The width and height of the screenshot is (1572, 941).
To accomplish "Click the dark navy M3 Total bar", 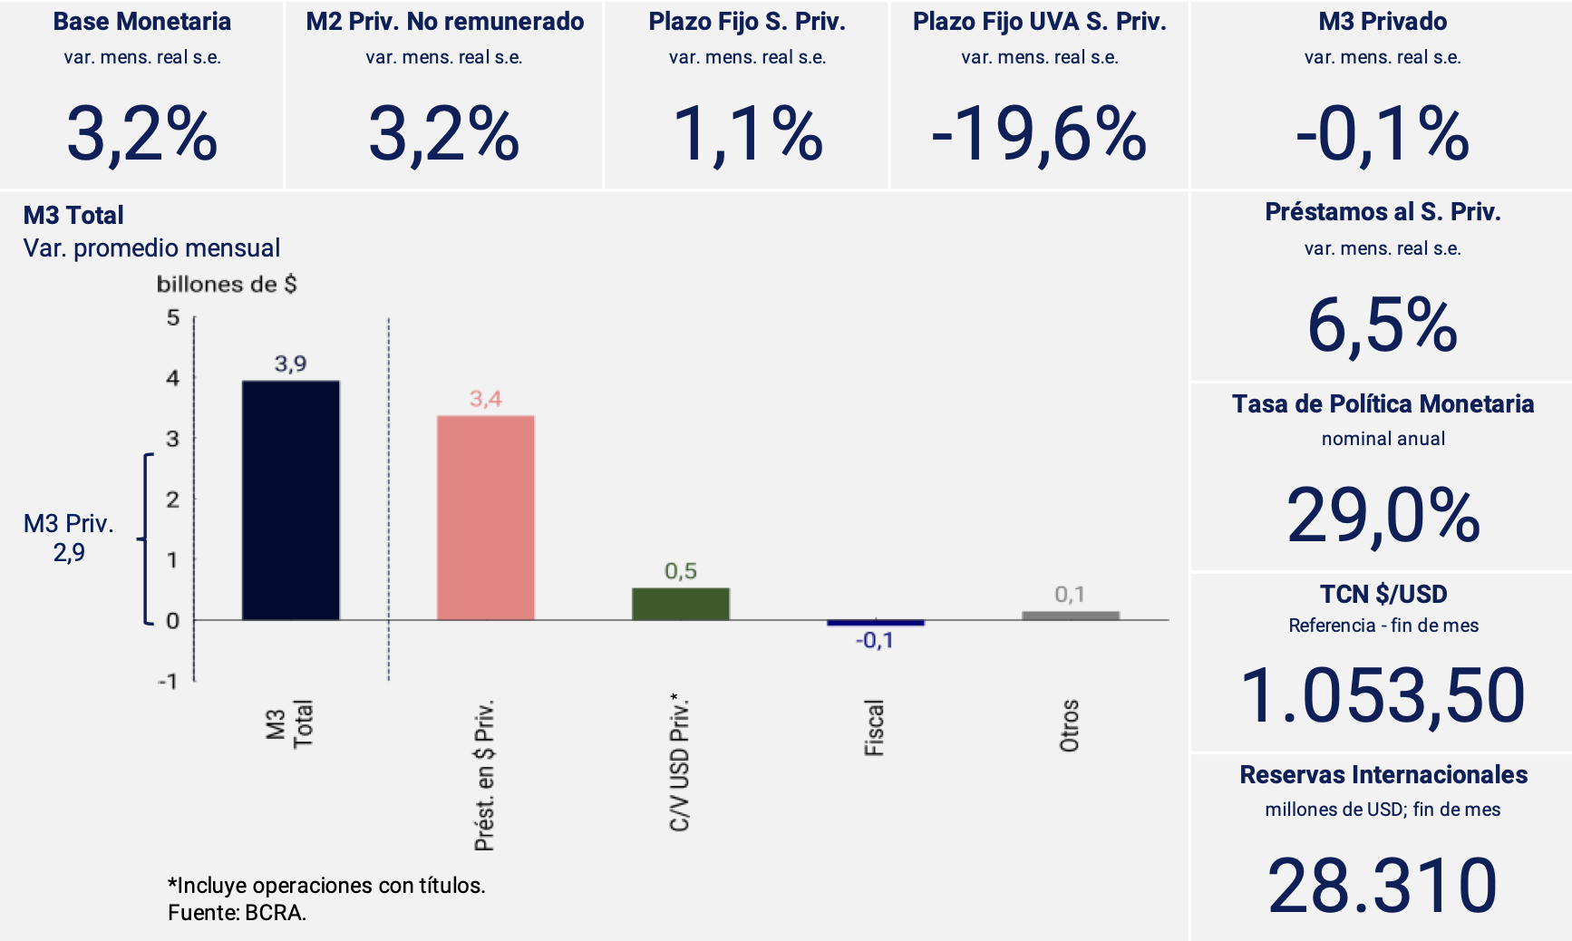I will [x=290, y=500].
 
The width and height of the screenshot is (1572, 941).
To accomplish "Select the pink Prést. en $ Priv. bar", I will [x=485, y=518].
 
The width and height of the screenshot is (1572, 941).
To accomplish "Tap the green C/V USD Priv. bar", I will [x=680, y=604].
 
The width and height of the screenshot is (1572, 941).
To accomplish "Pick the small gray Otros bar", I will [x=1070, y=616].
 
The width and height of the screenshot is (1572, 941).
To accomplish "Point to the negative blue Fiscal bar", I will [x=875, y=623].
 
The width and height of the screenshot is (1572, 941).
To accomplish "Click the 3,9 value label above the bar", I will [x=290, y=364].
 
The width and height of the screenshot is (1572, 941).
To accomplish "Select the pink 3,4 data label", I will [x=485, y=399].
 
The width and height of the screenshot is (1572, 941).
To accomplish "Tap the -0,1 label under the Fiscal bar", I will [x=875, y=641].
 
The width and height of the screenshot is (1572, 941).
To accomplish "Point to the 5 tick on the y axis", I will [x=173, y=318].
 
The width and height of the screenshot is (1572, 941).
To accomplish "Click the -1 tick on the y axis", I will [x=169, y=681].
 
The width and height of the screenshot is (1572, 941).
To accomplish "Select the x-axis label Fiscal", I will [x=874, y=727].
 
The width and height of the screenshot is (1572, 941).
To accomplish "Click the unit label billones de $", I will [x=227, y=285].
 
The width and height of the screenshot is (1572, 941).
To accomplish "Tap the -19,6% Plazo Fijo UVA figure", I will [x=1039, y=135].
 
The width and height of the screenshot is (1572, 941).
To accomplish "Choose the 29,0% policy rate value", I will [x=1383, y=516].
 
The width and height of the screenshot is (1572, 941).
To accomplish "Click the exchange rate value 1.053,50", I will [x=1383, y=696].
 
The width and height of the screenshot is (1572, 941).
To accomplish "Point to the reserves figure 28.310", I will [x=1383, y=886].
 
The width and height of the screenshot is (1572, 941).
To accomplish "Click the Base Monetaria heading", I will [x=142, y=22].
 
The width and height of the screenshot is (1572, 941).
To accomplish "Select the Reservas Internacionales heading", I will [x=1383, y=775].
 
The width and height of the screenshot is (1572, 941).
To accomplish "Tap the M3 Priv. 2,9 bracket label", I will [x=69, y=538].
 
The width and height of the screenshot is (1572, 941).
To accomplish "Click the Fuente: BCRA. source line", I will [x=238, y=913].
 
